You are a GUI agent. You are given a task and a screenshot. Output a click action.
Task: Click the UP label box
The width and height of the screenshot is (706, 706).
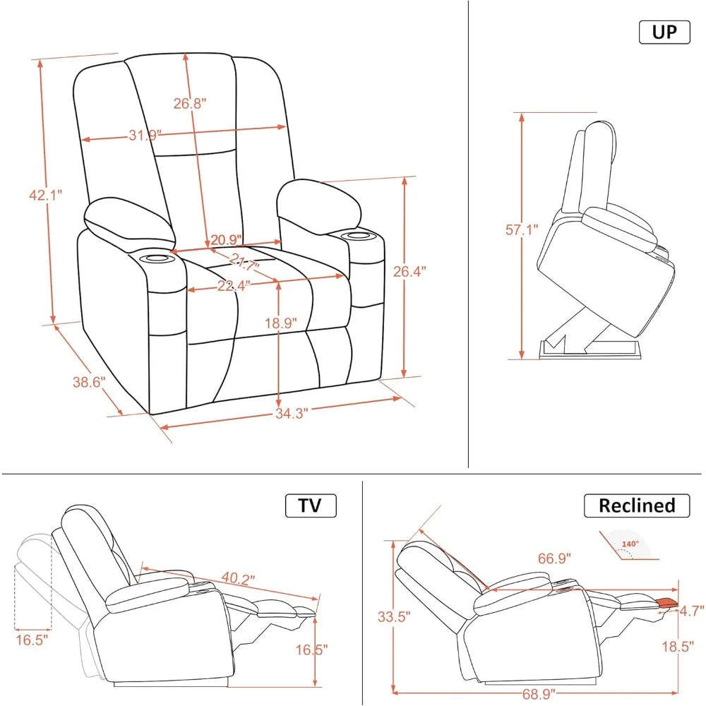pos(664,32)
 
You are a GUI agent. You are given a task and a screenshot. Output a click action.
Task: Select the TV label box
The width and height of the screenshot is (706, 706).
pos(311,505)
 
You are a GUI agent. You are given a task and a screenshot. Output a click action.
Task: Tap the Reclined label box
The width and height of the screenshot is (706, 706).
pos(636,505)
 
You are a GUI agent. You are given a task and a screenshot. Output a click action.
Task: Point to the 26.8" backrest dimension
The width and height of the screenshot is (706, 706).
pos(189,104)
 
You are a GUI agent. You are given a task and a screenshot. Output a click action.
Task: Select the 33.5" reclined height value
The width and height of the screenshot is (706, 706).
pos(393,616)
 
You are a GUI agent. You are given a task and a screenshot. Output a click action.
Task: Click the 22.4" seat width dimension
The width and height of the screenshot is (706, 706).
pos(224,285)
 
